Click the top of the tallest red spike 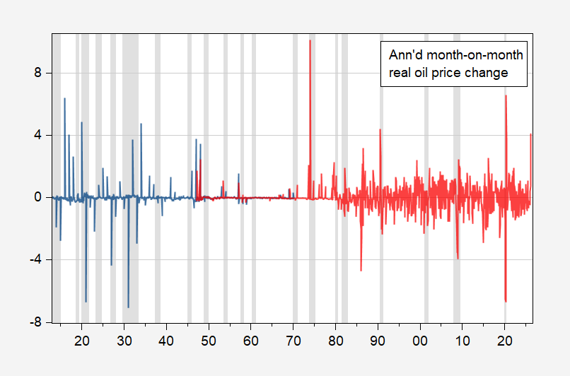[310, 40]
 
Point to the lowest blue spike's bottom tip [128, 307]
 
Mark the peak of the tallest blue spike [64, 98]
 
